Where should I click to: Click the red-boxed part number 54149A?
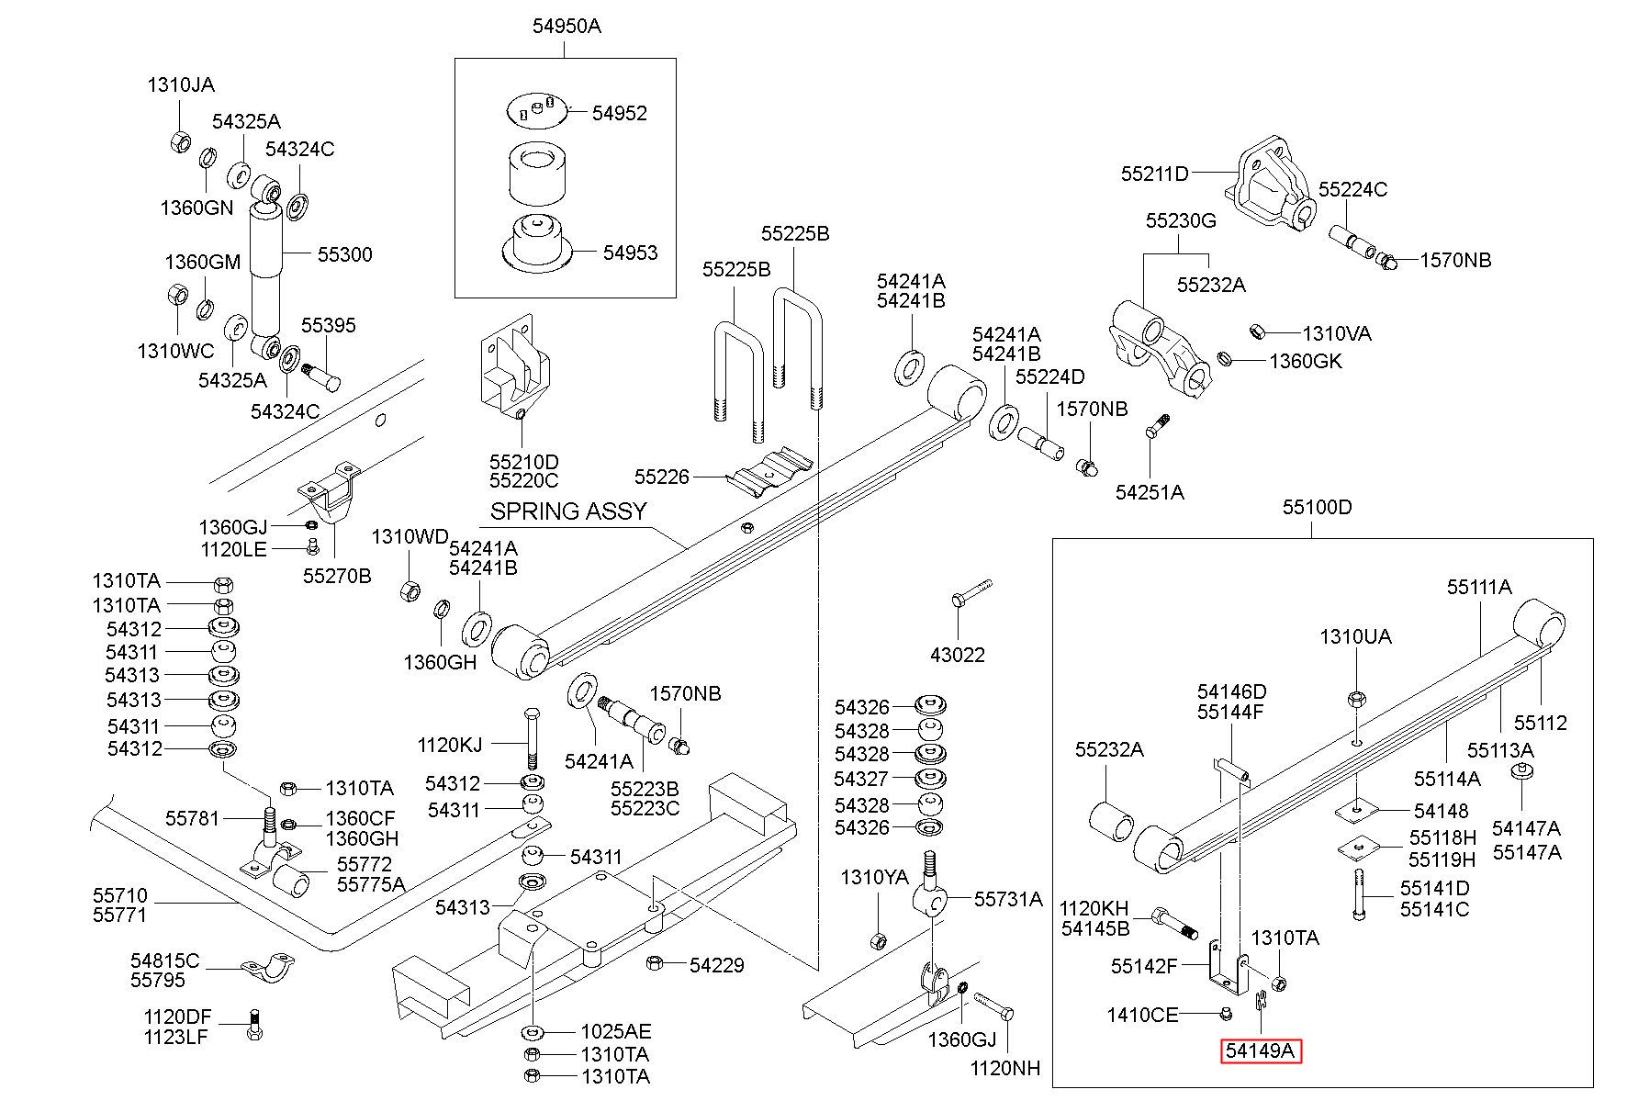[1261, 1051]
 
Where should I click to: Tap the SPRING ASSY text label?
[568, 511]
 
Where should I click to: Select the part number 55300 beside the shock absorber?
[345, 254]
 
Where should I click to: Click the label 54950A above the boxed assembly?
[567, 26]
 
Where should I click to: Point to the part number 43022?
[958, 655]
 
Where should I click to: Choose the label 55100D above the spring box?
[1318, 507]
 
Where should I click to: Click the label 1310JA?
[181, 85]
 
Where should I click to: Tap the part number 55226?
[662, 477]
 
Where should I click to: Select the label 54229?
[717, 965]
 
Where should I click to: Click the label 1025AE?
[615, 1031]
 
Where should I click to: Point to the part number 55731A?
[1008, 899]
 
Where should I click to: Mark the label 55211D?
[1155, 174]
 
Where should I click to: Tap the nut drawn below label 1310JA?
[181, 141]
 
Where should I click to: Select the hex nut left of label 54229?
[656, 962]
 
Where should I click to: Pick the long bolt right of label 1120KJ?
[533, 739]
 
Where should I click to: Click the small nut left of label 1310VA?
[1258, 331]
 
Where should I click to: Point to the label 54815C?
[164, 960]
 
